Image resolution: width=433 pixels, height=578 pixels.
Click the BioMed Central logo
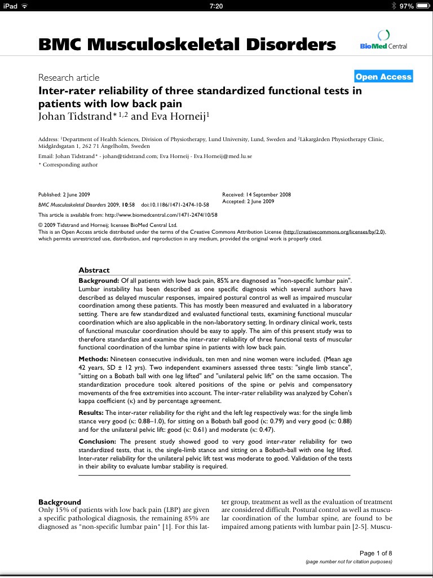coord(383,41)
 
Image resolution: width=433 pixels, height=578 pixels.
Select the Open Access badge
coord(383,77)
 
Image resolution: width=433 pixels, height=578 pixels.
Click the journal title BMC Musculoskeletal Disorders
coord(187,45)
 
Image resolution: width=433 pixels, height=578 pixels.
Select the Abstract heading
coord(94,270)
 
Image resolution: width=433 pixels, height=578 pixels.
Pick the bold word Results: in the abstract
coord(92,413)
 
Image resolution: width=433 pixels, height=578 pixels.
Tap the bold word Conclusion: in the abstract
coord(98,441)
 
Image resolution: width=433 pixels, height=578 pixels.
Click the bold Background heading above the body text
coord(60,502)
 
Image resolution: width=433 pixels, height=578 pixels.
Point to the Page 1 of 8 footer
coord(375,553)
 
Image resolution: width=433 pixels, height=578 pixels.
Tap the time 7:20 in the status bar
coord(216,6)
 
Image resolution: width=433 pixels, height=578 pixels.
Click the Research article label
coord(69,77)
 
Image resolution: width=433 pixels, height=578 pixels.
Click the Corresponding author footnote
coord(69,165)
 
